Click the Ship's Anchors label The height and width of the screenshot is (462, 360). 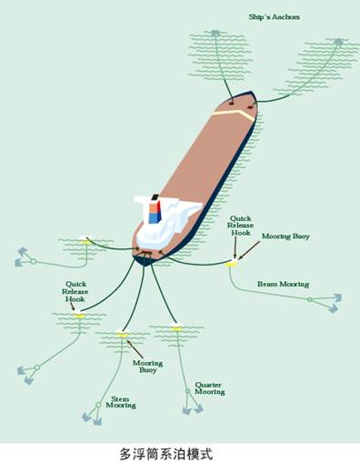coord(274,17)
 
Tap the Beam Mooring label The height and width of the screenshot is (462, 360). coord(284,285)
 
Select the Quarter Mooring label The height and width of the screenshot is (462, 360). coord(210,388)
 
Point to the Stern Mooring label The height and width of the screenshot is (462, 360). coord(121,402)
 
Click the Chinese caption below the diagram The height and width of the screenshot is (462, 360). coord(166,454)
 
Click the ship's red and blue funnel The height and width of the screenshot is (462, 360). coord(155,209)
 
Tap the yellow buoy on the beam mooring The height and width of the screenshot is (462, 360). coord(233,264)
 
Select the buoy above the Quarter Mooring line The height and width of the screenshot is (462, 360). coord(176,327)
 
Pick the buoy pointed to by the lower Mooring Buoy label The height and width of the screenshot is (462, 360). coord(123,333)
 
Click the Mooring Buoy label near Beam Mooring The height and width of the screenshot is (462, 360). coord(285,236)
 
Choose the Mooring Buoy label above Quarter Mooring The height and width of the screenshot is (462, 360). coord(148,367)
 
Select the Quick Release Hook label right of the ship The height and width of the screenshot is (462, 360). coord(241,226)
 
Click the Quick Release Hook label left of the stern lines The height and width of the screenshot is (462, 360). coord(75,292)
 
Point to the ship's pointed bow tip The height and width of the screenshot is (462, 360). coord(251,91)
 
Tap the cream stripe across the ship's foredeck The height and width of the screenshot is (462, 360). coord(235,114)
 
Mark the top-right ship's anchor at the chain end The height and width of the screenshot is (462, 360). coord(338,42)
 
